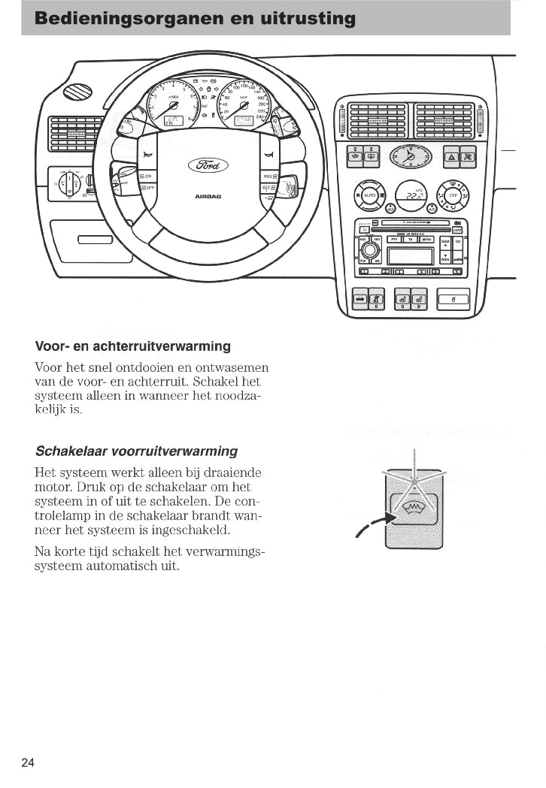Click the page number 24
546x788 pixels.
pos(28,762)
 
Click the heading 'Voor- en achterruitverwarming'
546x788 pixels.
pos(132,346)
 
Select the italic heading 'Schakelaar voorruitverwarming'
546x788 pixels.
pos(136,451)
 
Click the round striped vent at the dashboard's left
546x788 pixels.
pos(77,92)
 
